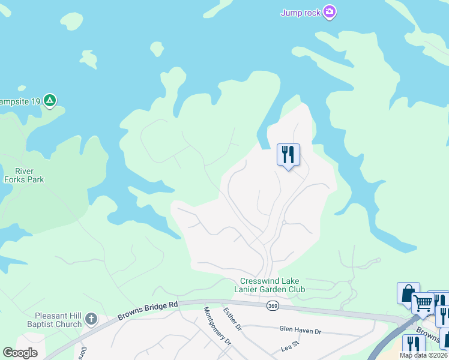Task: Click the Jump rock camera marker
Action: click(x=329, y=12)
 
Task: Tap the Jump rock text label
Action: click(x=300, y=13)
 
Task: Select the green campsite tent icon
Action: click(x=50, y=101)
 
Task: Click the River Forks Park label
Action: click(x=23, y=175)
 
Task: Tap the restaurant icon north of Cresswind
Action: click(x=288, y=155)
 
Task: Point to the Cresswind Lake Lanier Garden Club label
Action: click(x=273, y=285)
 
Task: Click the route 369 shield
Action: click(x=273, y=306)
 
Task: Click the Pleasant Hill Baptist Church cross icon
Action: click(x=91, y=319)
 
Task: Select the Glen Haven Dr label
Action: click(x=300, y=330)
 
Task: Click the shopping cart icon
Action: click(x=423, y=304)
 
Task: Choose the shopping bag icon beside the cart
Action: click(x=408, y=293)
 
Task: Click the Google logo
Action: click(x=20, y=353)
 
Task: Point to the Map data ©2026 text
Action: click(x=423, y=355)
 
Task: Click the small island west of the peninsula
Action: click(x=88, y=59)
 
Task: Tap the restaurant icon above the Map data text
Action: click(x=413, y=344)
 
